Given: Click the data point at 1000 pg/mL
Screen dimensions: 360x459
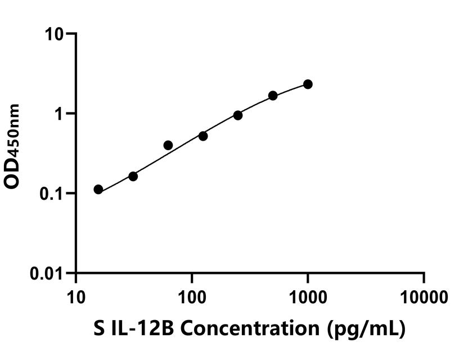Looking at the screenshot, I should click(x=308, y=84).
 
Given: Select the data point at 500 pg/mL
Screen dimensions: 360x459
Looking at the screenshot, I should click(x=273, y=96).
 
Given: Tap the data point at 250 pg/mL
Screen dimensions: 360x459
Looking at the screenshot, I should click(x=238, y=115).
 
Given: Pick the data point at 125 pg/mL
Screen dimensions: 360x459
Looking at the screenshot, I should click(x=203, y=136).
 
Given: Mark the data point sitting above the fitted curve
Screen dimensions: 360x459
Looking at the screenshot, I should click(x=168, y=145).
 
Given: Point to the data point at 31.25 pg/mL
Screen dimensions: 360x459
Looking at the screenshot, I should click(x=133, y=176).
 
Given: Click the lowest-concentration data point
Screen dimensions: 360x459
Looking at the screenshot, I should click(x=98, y=190).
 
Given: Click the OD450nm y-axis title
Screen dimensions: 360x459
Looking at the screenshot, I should click(x=13, y=146).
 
